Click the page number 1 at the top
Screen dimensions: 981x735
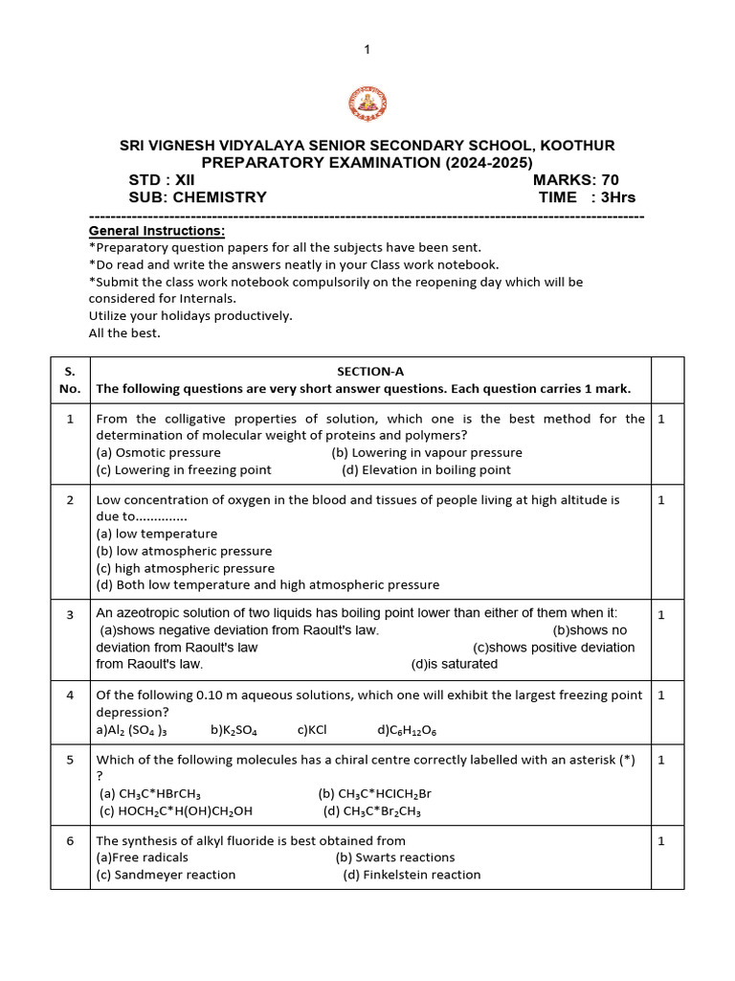367,49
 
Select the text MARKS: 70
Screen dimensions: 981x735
575,180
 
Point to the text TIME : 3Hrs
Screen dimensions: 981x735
587,197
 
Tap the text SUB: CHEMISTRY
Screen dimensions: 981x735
197,197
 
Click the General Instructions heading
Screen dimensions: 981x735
157,231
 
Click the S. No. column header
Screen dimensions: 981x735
70,379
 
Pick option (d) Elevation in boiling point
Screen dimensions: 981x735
426,469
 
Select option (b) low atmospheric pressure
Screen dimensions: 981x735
184,551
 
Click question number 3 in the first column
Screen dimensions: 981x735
70,614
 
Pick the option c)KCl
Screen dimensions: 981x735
312,730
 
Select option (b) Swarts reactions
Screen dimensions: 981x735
395,857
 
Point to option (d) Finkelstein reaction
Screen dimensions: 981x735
412,875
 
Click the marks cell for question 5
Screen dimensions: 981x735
660,760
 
